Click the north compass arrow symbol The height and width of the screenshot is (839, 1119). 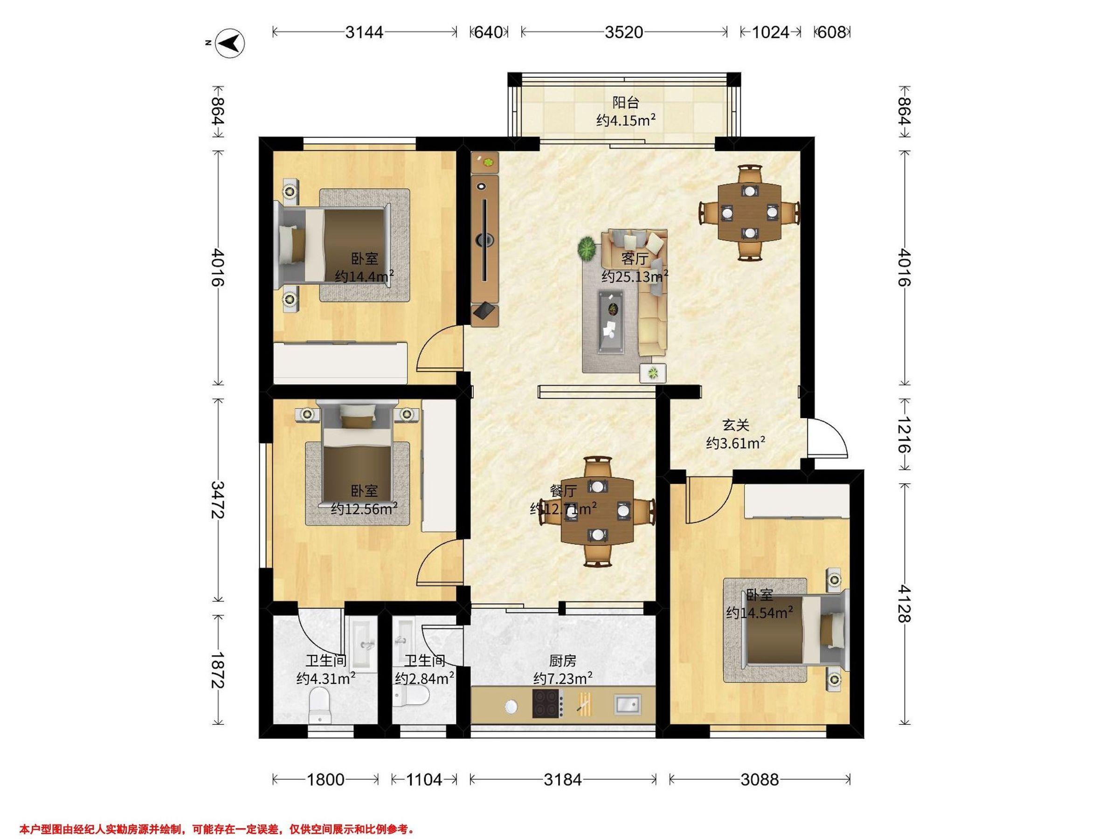pos(230,42)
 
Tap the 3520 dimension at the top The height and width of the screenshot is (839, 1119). pos(624,32)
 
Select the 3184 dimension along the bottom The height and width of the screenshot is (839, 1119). pos(563,779)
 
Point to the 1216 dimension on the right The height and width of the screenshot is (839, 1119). pos(904,434)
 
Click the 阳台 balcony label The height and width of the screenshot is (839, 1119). pos(626,103)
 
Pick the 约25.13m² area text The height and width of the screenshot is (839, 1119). pos(635,276)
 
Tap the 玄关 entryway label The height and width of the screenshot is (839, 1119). pos(735,425)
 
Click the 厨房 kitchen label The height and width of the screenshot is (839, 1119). pos(563,661)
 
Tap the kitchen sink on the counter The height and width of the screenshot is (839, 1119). pos(627,703)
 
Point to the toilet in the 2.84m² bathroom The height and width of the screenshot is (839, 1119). pos(411,697)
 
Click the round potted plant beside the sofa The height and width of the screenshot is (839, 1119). pos(587,249)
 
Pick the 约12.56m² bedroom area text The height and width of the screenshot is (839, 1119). pos(364,509)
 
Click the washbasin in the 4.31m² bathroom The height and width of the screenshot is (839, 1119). pos(364,644)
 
